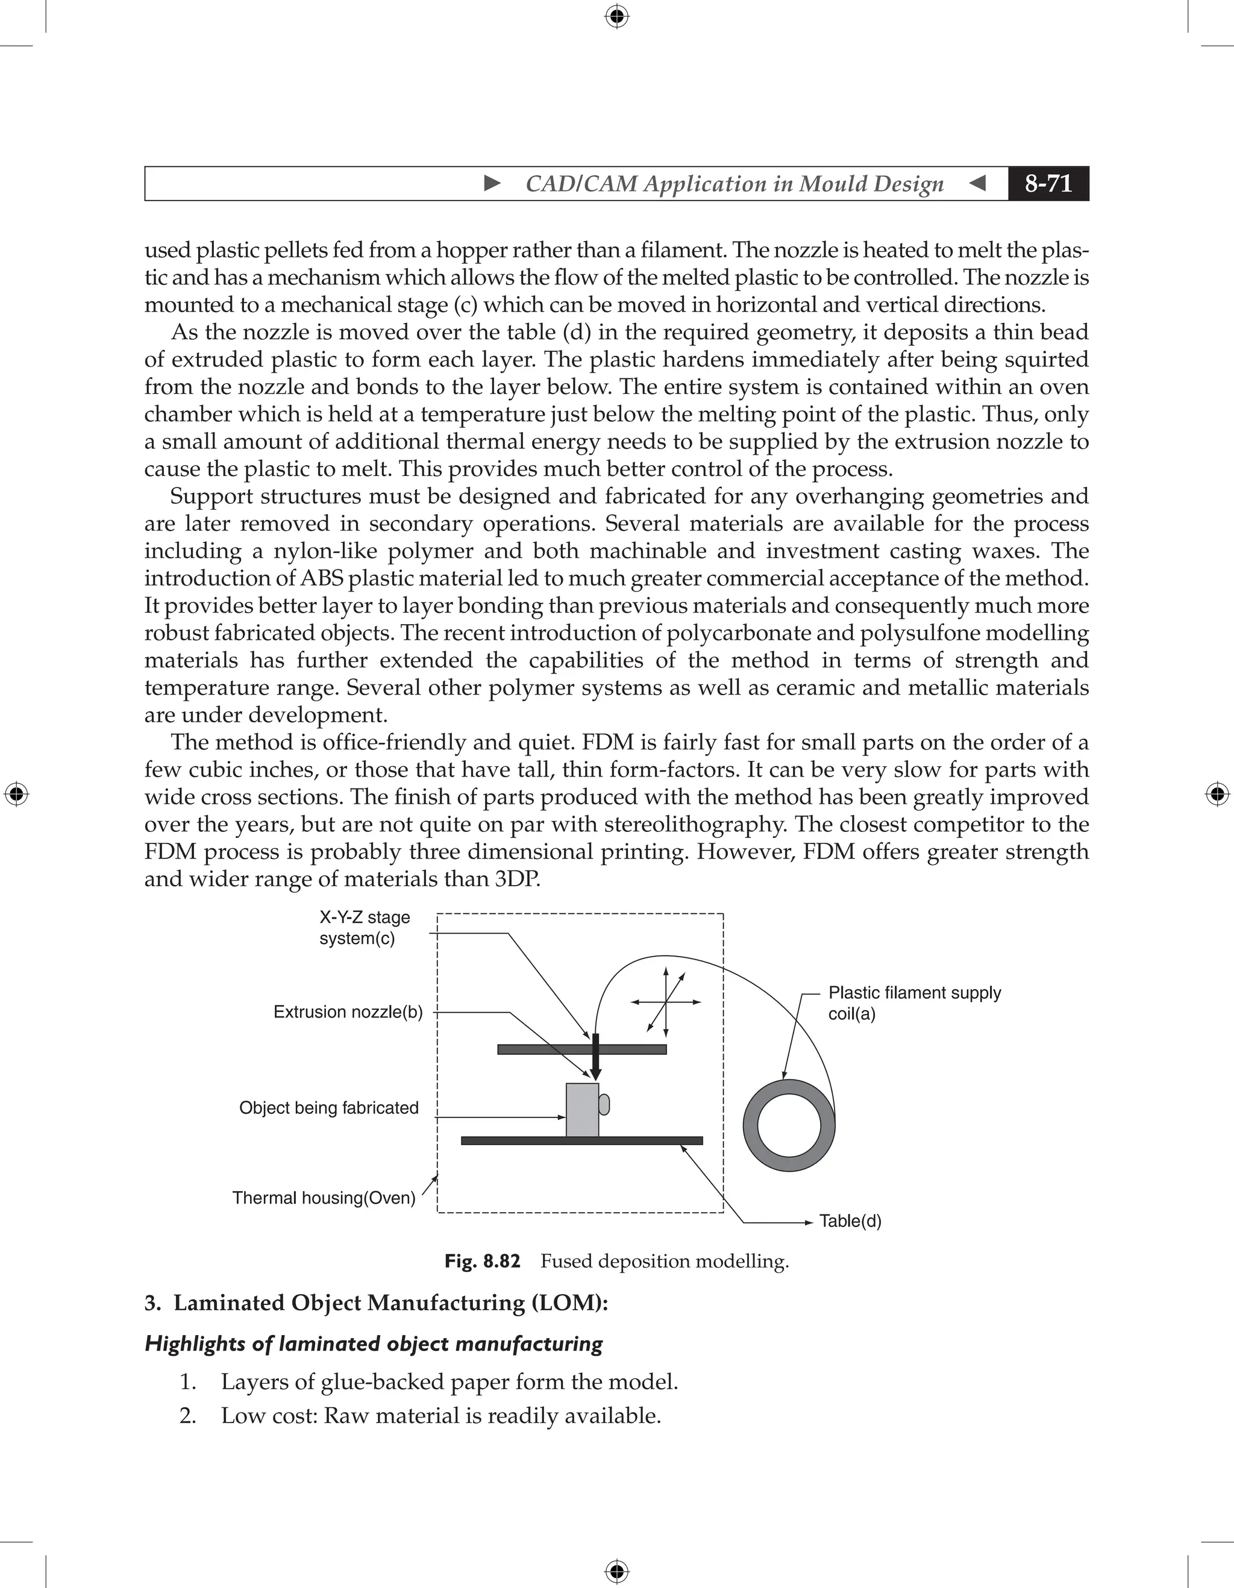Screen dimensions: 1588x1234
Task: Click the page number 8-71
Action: coord(1048,183)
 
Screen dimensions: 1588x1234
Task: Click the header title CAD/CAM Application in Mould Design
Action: coord(734,184)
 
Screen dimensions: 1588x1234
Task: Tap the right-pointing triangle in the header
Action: coord(492,183)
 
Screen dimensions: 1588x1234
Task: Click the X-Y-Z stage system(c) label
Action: coord(365,928)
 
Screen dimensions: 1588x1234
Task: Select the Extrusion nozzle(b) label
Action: coord(348,1012)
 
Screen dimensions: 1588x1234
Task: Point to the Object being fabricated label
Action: coord(328,1108)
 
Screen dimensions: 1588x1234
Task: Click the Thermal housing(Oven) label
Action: coord(324,1198)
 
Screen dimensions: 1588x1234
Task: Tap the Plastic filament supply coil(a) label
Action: coord(914,1004)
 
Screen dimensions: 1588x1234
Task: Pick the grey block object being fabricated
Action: coord(581,1110)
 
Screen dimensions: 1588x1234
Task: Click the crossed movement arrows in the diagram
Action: coord(666,1002)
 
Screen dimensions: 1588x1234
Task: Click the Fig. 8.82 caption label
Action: coord(482,1261)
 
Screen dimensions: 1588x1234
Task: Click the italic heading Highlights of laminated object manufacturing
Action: coord(374,1343)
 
